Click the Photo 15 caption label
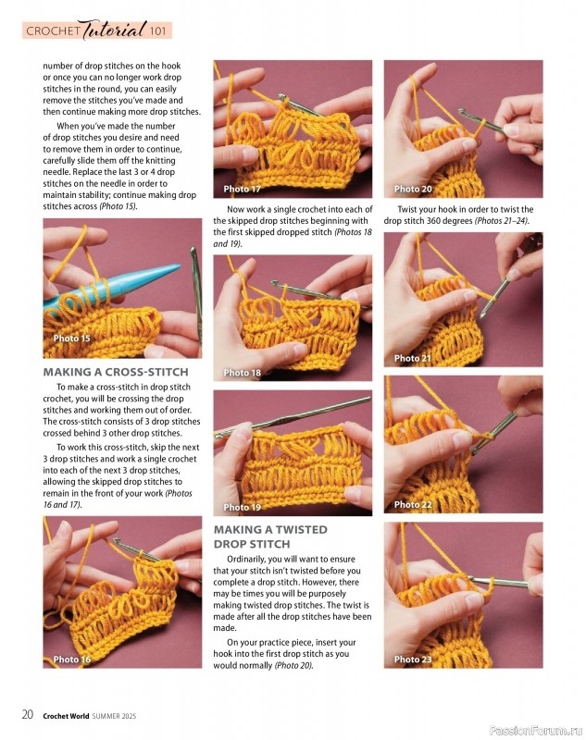click(x=71, y=339)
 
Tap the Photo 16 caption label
click(x=71, y=660)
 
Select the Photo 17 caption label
click(x=242, y=189)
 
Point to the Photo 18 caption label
click(x=242, y=373)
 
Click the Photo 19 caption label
click(x=242, y=507)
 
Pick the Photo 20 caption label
click(x=413, y=189)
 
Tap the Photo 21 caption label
click(x=413, y=358)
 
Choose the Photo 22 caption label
click(x=413, y=505)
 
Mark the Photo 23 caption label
click(x=413, y=660)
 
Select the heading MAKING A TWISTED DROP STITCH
click(x=269, y=536)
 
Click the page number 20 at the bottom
click(x=28, y=714)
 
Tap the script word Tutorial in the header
click(x=112, y=31)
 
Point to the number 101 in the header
click(x=157, y=31)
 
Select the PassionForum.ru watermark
click(x=530, y=729)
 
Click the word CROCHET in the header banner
click(x=54, y=31)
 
